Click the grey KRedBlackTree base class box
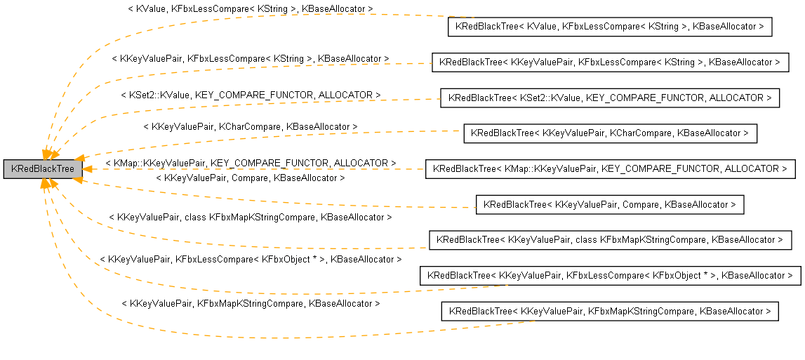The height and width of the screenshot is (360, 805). tap(43, 169)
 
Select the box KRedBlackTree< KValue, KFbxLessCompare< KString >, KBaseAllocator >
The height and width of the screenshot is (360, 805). tap(609, 27)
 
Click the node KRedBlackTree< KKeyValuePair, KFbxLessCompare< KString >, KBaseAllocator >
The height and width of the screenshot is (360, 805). tap(609, 62)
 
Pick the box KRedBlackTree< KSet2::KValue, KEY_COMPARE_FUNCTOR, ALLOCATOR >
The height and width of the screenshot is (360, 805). tap(609, 98)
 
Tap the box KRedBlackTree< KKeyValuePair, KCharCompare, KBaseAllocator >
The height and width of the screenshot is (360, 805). tap(609, 133)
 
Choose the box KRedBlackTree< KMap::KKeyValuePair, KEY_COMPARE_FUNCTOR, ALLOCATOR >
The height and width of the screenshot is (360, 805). tap(609, 169)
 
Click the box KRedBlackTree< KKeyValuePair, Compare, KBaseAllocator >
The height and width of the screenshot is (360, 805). tap(609, 205)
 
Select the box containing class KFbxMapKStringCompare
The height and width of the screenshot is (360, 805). tap(609, 240)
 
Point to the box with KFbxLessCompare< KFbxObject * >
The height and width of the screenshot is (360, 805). tap(609, 276)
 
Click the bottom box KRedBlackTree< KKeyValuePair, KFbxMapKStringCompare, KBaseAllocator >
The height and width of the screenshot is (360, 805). tap(609, 311)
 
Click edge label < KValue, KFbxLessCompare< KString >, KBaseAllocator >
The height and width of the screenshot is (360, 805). tap(250, 9)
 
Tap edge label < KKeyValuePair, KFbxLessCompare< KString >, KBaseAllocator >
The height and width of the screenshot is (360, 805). tap(250, 59)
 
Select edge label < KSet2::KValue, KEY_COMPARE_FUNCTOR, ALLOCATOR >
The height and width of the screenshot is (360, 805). tap(250, 94)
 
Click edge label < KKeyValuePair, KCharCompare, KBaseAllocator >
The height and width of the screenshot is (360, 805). tap(250, 126)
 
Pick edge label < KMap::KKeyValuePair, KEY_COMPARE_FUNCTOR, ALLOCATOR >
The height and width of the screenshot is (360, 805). tap(250, 163)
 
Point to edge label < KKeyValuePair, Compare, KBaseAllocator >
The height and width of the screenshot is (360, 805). tap(250, 178)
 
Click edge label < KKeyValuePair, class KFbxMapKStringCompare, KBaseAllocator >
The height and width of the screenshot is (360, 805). tap(250, 218)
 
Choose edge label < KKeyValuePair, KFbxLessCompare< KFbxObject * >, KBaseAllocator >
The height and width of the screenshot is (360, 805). tap(250, 260)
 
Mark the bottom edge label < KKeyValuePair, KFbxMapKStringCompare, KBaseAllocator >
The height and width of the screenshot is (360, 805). tap(250, 304)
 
